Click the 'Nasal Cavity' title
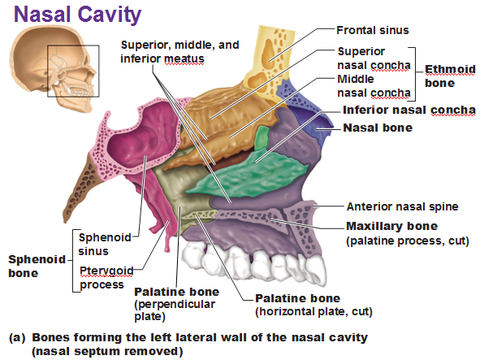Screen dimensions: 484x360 (77, 15)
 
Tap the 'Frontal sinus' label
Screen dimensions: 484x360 (373, 30)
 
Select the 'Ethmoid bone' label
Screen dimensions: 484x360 (450, 76)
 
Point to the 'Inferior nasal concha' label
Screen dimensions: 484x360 (409, 110)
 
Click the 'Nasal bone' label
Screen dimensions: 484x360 (378, 128)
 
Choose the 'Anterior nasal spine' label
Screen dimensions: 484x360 (403, 206)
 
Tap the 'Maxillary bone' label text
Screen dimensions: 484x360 (391, 226)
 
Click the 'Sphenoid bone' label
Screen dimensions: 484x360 (37, 266)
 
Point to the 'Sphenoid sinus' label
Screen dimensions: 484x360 (105, 244)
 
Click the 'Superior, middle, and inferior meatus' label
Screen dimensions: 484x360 (179, 52)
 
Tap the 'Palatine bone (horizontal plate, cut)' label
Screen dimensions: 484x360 (313, 305)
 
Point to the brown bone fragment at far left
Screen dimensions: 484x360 (80, 188)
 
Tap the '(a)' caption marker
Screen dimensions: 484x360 (17, 337)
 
